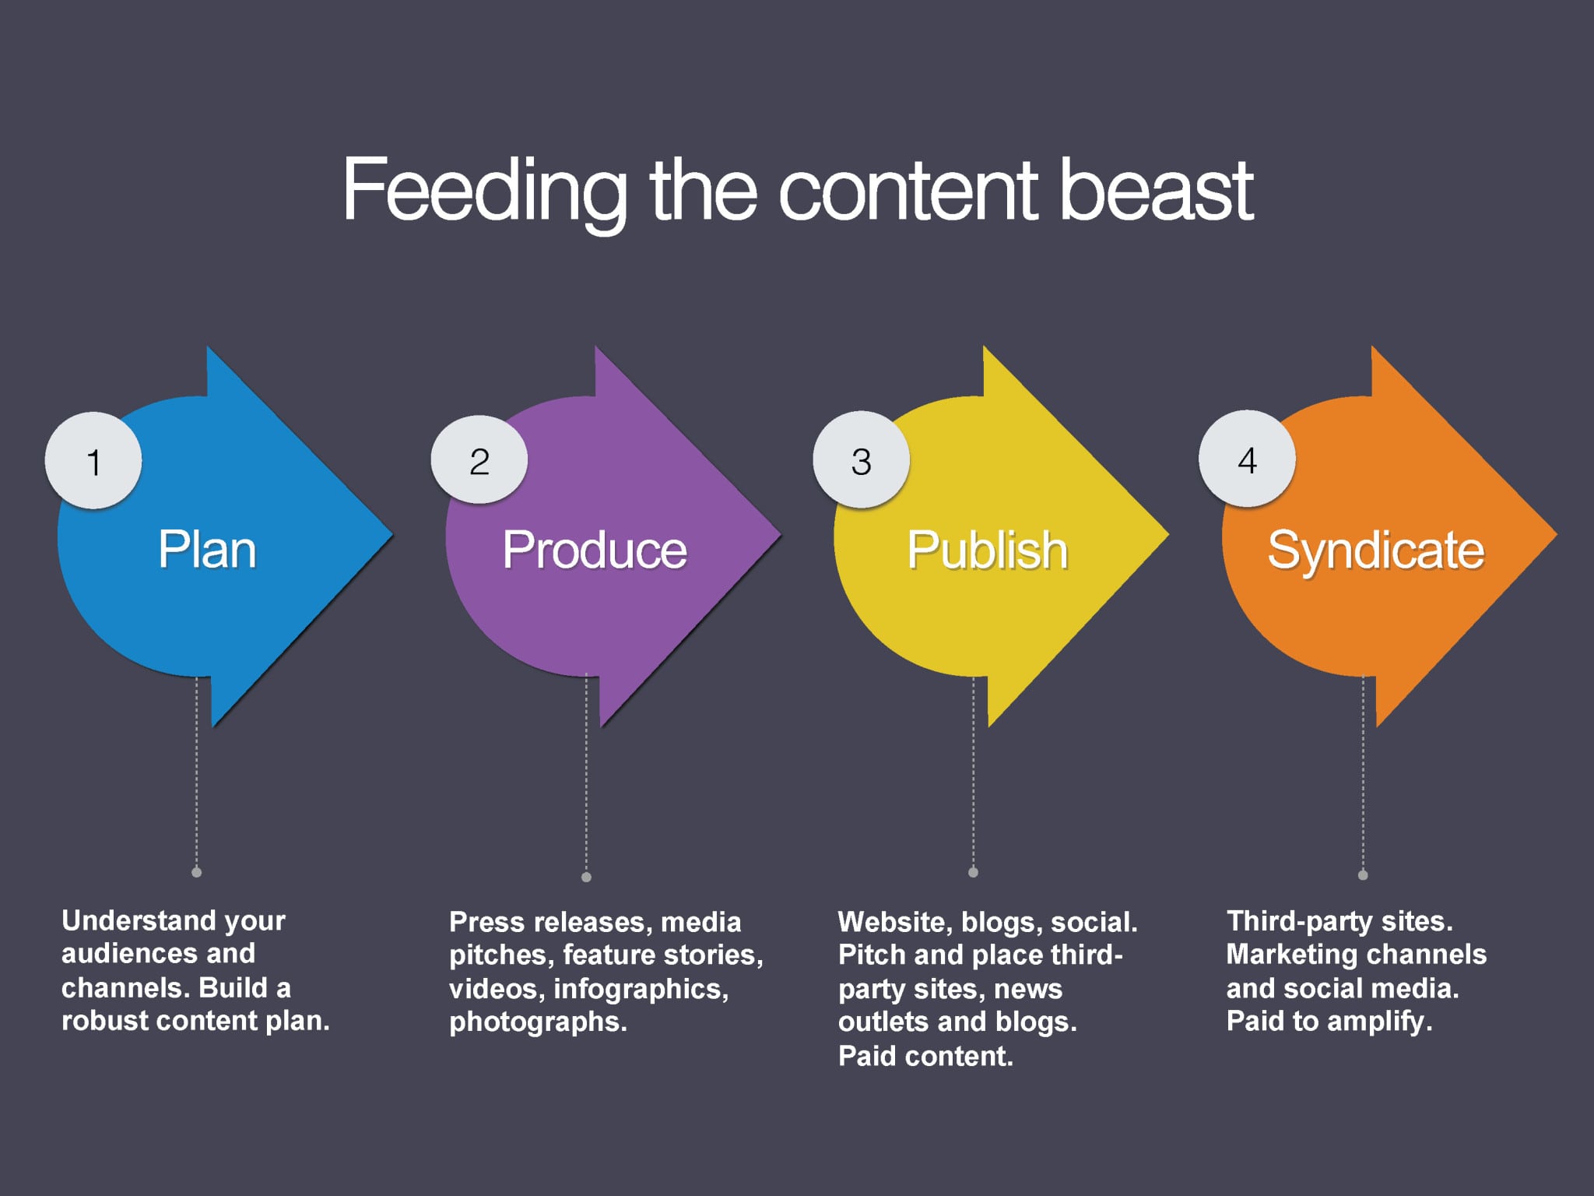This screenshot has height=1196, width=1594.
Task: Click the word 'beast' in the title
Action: point(1157,190)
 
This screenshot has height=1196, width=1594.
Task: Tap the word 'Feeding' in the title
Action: point(484,193)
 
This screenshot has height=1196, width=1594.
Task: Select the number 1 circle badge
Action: point(93,460)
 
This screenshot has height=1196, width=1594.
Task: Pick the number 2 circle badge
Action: point(479,460)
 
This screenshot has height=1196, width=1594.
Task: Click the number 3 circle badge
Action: point(862,460)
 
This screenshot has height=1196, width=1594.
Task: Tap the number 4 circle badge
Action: point(1247,459)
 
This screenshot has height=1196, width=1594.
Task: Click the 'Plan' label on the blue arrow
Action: point(207,549)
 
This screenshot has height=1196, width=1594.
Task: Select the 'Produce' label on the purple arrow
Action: point(595,550)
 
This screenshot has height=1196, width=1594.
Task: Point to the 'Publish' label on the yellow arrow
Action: point(987,550)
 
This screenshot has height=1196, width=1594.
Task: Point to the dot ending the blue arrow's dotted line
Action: point(197,872)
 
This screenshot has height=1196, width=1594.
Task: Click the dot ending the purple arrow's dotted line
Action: point(586,877)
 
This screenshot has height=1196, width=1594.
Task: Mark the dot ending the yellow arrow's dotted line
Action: point(973,872)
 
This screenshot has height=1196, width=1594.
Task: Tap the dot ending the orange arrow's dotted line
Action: point(1363,874)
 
